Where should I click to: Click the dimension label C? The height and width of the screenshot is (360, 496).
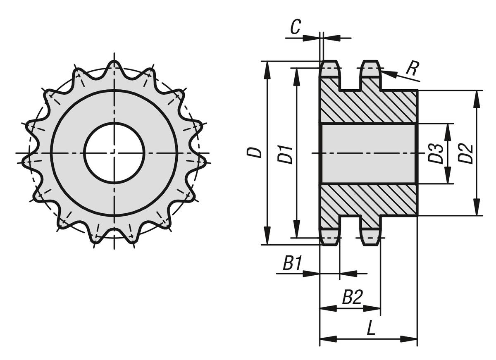pos(296,27)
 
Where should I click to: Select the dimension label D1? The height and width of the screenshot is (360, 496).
pos(285,155)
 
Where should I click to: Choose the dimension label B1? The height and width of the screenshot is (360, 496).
pos(292,263)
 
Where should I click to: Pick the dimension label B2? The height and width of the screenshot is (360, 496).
pos(353,297)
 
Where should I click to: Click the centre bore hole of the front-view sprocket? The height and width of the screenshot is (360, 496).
pos(114,153)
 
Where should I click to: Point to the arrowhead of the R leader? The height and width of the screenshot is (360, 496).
pos(388,74)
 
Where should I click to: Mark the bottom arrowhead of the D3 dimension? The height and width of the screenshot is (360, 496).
pos(448,175)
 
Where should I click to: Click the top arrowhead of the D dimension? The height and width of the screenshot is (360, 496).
pos(268,70)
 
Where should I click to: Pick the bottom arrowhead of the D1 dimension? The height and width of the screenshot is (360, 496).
pos(296,229)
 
